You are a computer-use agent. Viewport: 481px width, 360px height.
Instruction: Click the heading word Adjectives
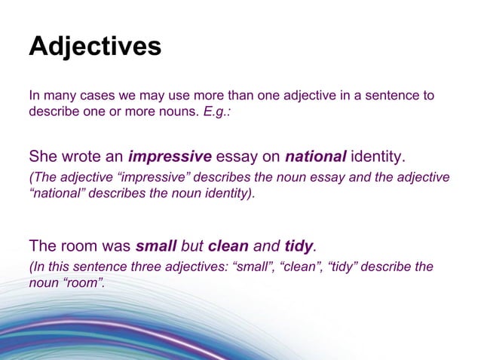coord(95,47)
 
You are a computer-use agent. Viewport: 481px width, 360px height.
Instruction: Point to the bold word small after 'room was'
coord(155,246)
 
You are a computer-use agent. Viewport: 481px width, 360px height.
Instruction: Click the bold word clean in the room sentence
coord(230,246)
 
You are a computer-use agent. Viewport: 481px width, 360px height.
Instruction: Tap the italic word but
coord(191,246)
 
